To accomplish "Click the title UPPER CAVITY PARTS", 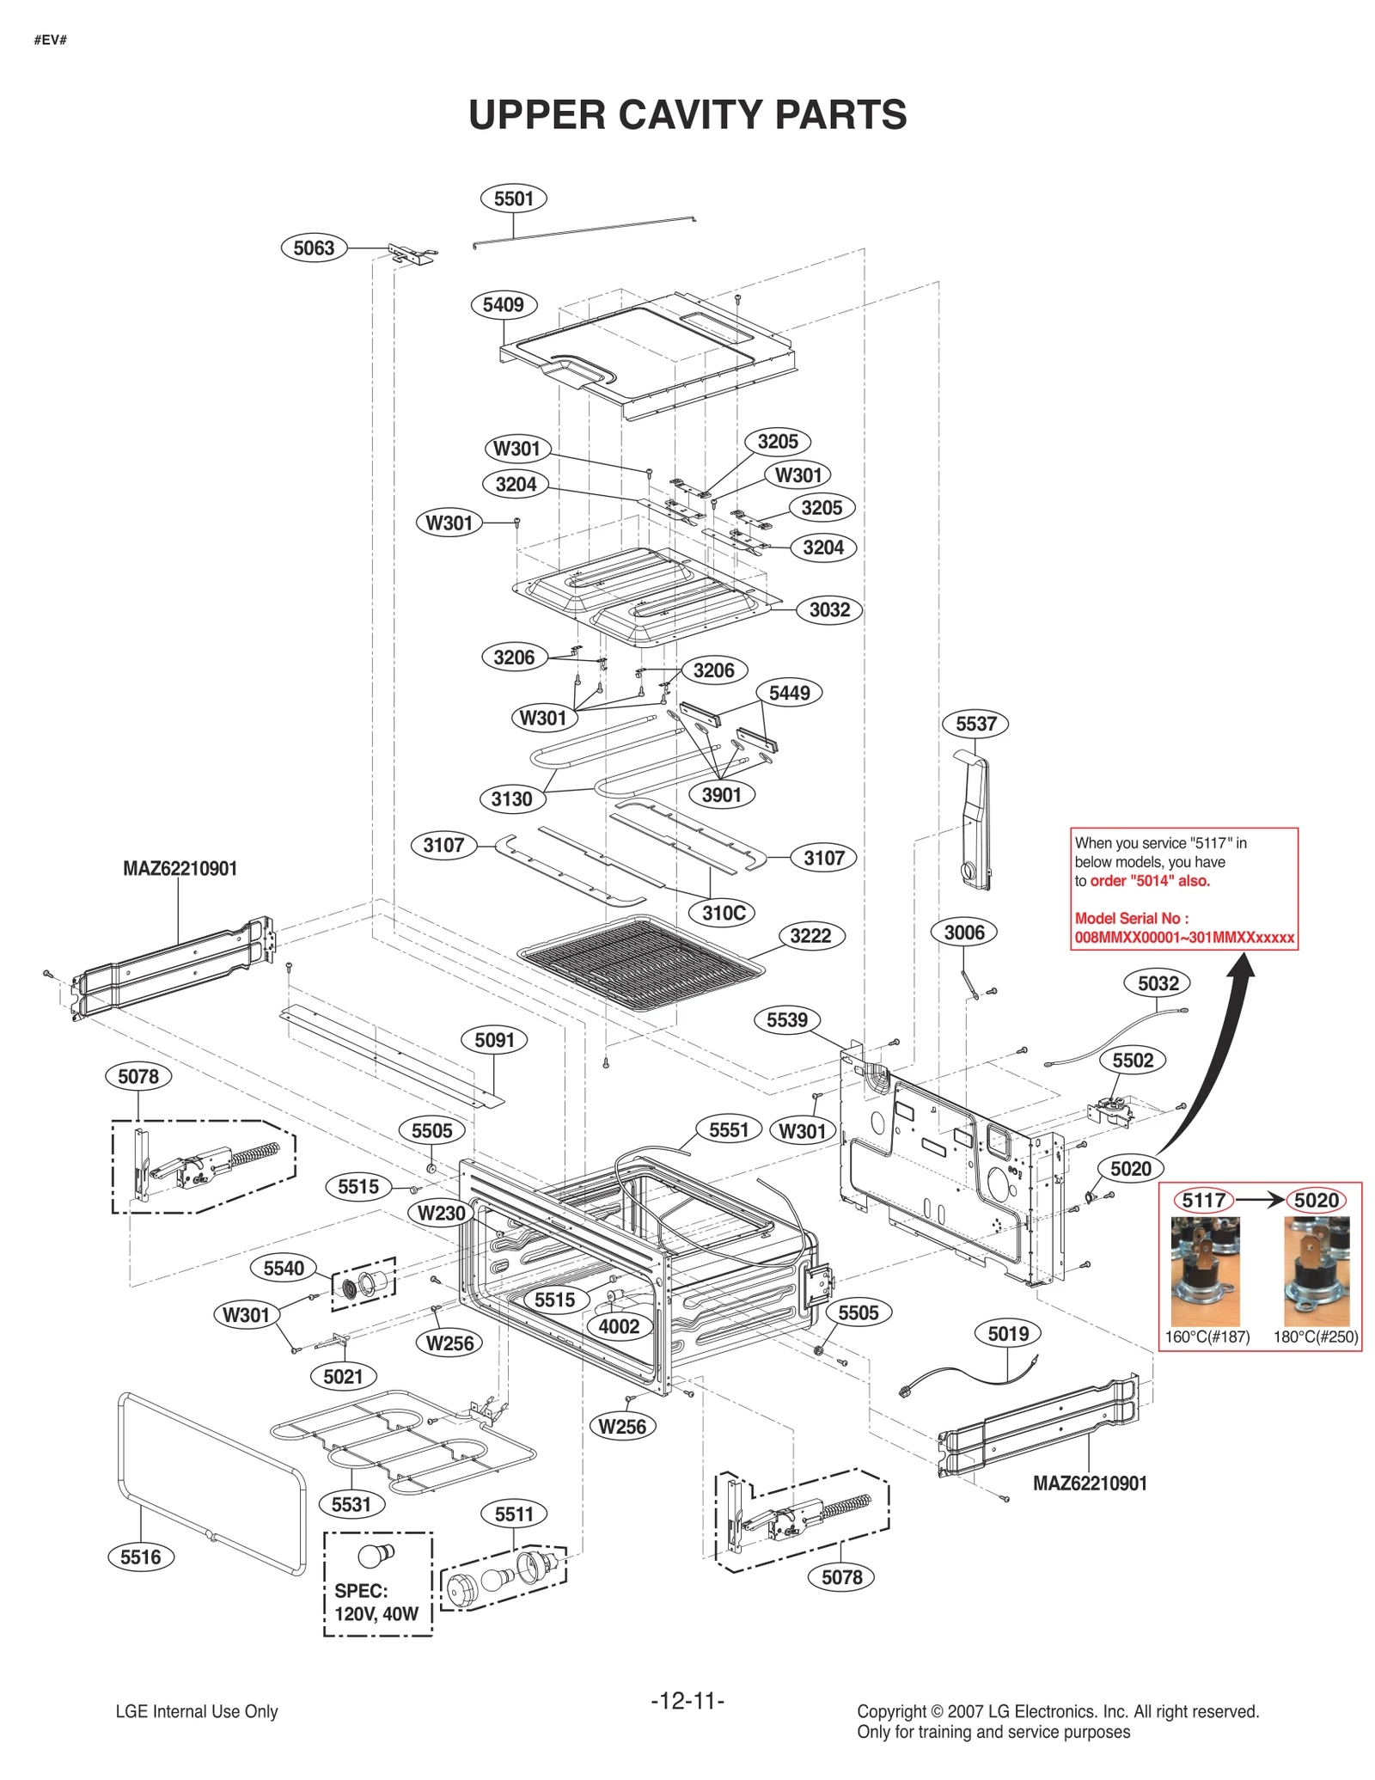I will [687, 115].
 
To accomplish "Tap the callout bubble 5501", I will [513, 199].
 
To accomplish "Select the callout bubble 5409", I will [503, 304].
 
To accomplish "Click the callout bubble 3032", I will [829, 610].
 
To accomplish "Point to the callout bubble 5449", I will [789, 693].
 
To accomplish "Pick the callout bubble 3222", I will [810, 936].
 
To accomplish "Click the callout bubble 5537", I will [975, 724].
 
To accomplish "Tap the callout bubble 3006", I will [964, 933].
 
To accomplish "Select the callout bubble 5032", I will [1158, 983].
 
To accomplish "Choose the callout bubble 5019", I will [1008, 1334].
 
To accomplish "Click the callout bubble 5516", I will [140, 1557].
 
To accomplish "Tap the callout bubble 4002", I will [619, 1326].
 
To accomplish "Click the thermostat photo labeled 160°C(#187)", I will [1205, 1271].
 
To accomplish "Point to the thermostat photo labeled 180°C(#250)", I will [1316, 1271].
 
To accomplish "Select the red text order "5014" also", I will [1150, 881].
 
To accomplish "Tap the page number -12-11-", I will [687, 1700].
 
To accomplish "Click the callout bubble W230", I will [441, 1214].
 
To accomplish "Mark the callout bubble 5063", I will [314, 248].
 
